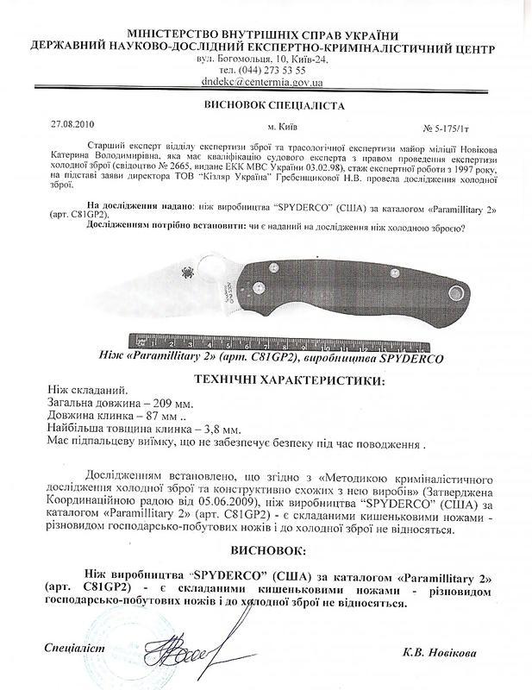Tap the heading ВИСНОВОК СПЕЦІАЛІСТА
click(272, 105)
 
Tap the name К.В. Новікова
click(439, 652)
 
